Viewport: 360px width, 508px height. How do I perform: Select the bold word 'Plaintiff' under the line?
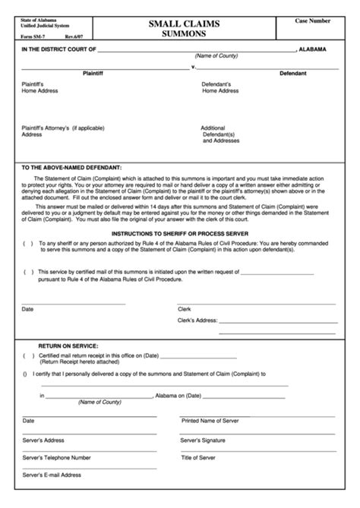(97, 74)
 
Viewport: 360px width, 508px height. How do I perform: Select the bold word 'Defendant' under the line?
(292, 74)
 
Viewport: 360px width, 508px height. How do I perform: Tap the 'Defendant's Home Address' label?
(221, 87)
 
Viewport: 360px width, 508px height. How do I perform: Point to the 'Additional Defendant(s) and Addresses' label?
(220, 134)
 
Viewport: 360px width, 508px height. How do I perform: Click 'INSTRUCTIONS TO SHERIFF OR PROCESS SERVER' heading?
(181, 233)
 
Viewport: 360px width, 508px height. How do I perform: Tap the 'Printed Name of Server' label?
(210, 420)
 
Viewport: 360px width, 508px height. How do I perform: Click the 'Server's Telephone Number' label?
(57, 457)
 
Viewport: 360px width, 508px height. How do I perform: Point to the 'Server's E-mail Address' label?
(52, 475)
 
